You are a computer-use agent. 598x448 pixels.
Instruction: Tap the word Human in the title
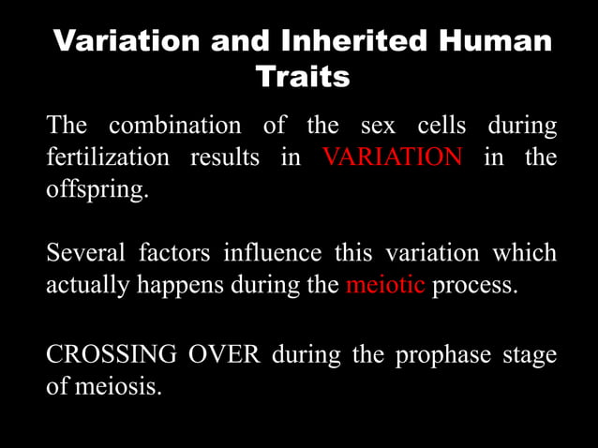500,41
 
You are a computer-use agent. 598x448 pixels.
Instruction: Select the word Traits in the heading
303,76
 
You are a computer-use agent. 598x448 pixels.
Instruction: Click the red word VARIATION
392,157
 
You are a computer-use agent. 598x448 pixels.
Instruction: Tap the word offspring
97,188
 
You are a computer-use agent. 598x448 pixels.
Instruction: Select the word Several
84,253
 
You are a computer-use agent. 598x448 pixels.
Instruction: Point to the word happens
176,285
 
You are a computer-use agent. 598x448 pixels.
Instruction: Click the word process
474,285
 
